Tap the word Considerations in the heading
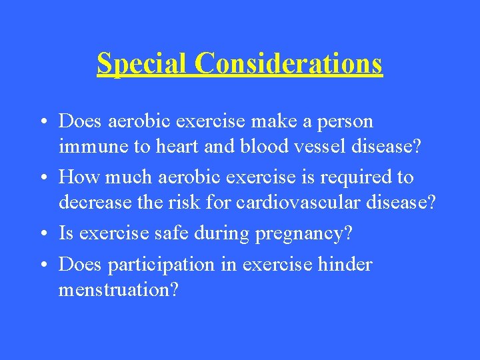[x=289, y=63]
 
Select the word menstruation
[x=117, y=289]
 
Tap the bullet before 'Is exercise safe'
[x=43, y=234]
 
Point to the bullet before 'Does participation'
[x=43, y=265]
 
